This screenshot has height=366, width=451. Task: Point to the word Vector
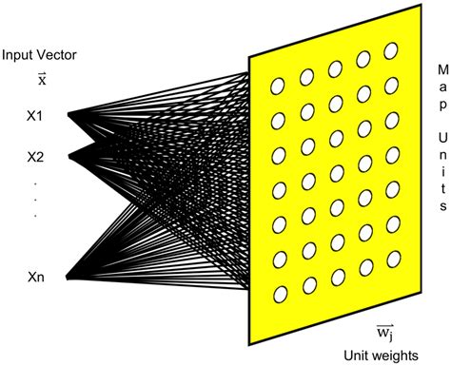pos(55,56)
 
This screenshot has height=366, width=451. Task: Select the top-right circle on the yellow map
pos(391,49)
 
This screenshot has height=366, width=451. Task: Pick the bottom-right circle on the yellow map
pos(391,285)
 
